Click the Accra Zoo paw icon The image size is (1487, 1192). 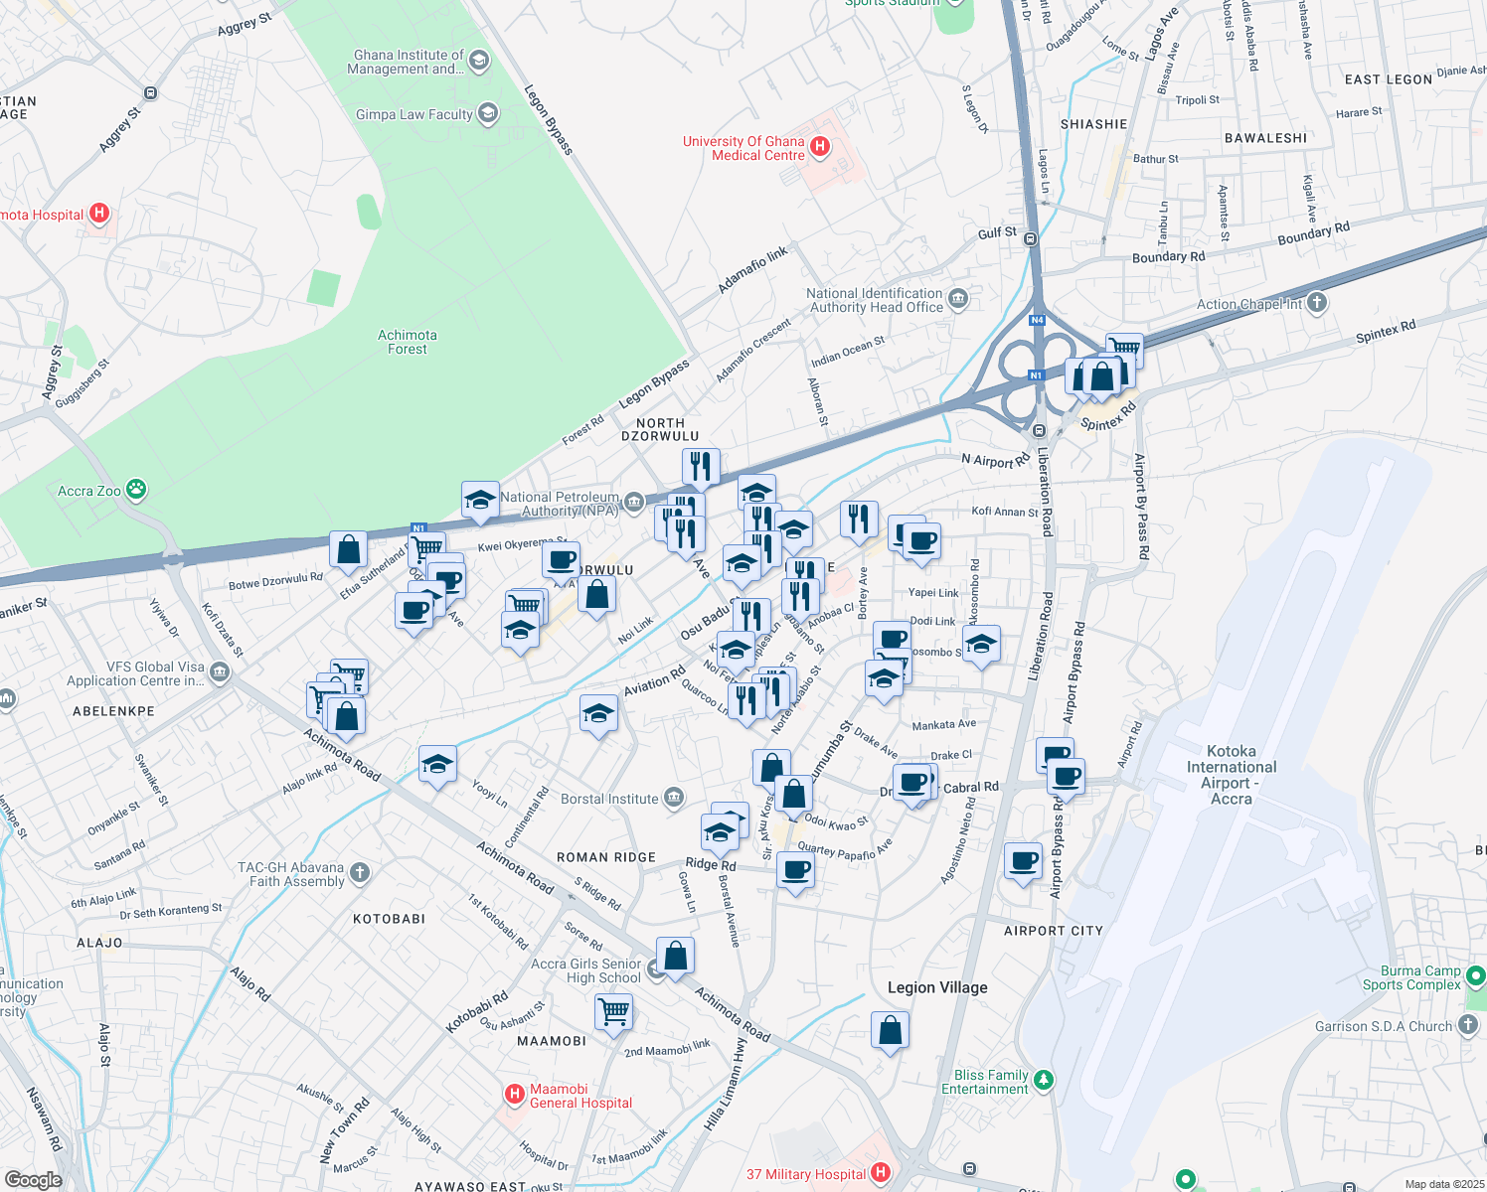(x=136, y=490)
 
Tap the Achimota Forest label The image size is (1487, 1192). (x=407, y=342)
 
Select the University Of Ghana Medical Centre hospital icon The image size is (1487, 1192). (x=820, y=148)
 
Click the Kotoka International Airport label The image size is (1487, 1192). (x=1232, y=775)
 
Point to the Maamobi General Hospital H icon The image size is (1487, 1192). (x=514, y=1095)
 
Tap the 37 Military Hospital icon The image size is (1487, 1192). (x=880, y=1173)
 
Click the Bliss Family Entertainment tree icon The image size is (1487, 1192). (x=1043, y=1079)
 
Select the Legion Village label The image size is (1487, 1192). (x=937, y=987)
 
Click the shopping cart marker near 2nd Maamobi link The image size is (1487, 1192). (x=613, y=1012)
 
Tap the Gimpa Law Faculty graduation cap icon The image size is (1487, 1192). (x=487, y=114)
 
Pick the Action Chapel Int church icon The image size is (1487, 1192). (x=1317, y=303)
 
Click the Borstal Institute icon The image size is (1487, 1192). (x=674, y=798)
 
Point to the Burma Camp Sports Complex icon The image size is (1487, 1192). (x=1476, y=976)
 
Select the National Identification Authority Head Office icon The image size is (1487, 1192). (x=958, y=299)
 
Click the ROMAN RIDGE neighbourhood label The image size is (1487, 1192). (x=606, y=857)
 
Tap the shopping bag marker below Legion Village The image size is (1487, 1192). (x=891, y=1031)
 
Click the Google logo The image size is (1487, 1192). (x=33, y=1179)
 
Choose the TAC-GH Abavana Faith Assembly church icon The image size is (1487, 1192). (x=360, y=873)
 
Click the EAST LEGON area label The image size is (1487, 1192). (x=1388, y=79)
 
